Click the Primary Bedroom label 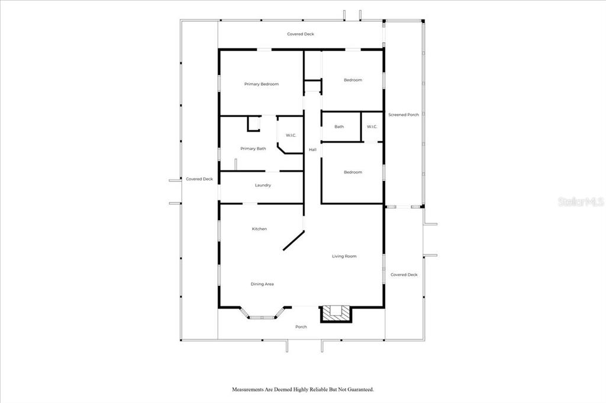tap(261, 84)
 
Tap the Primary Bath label tap(253, 149)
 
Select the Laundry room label tap(263, 186)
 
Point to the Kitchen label tap(259, 229)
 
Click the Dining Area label tap(262, 284)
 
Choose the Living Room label tap(344, 256)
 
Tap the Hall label tap(312, 149)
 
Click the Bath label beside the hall tap(339, 126)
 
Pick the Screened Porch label tap(404, 115)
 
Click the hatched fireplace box tap(336, 314)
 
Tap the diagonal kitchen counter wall tap(294, 240)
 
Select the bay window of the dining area tap(262, 313)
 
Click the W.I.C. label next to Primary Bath tap(291, 135)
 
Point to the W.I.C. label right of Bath tap(372, 126)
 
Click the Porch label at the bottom tap(301, 327)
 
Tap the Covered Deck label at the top tap(300, 34)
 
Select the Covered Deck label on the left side tap(199, 179)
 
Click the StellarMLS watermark tap(581, 201)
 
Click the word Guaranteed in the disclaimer tap(359, 389)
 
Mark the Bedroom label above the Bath tap(353, 80)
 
